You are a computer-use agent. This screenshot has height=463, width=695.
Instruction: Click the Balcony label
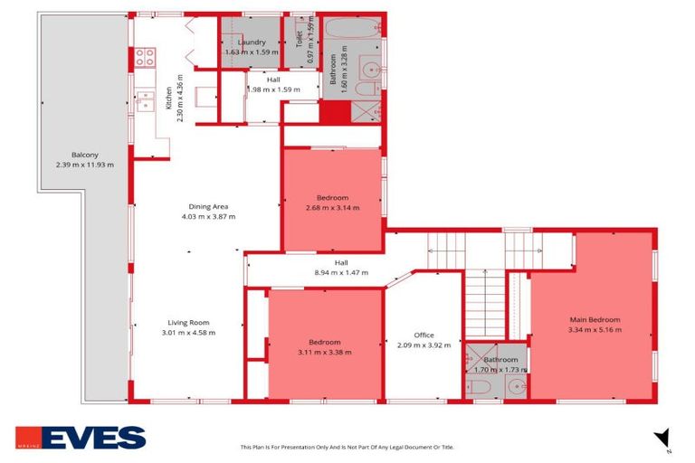click(72, 154)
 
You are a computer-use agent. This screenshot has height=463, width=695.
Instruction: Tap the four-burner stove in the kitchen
click(146, 58)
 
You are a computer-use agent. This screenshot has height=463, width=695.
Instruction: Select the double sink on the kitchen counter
click(146, 100)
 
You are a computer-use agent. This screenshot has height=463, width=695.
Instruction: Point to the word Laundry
click(252, 43)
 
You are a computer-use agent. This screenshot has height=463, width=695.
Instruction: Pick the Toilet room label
click(299, 39)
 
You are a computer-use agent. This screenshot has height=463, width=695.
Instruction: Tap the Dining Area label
click(208, 206)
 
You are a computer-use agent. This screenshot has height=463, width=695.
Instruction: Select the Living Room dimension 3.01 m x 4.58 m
click(188, 332)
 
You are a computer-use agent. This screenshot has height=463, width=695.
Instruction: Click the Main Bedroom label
click(595, 319)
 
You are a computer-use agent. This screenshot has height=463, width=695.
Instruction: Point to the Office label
click(424, 335)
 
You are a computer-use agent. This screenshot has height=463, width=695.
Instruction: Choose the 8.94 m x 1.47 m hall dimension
click(340, 272)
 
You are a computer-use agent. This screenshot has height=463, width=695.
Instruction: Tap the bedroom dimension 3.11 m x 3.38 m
click(324, 352)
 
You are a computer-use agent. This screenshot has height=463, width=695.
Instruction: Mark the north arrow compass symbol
click(663, 438)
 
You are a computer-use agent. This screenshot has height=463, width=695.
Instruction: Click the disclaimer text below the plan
click(347, 447)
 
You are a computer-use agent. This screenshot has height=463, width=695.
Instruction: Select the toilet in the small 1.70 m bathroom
click(478, 387)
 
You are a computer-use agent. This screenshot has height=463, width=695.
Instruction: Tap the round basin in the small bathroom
click(516, 386)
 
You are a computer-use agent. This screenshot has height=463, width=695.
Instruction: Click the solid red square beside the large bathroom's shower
click(334, 113)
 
